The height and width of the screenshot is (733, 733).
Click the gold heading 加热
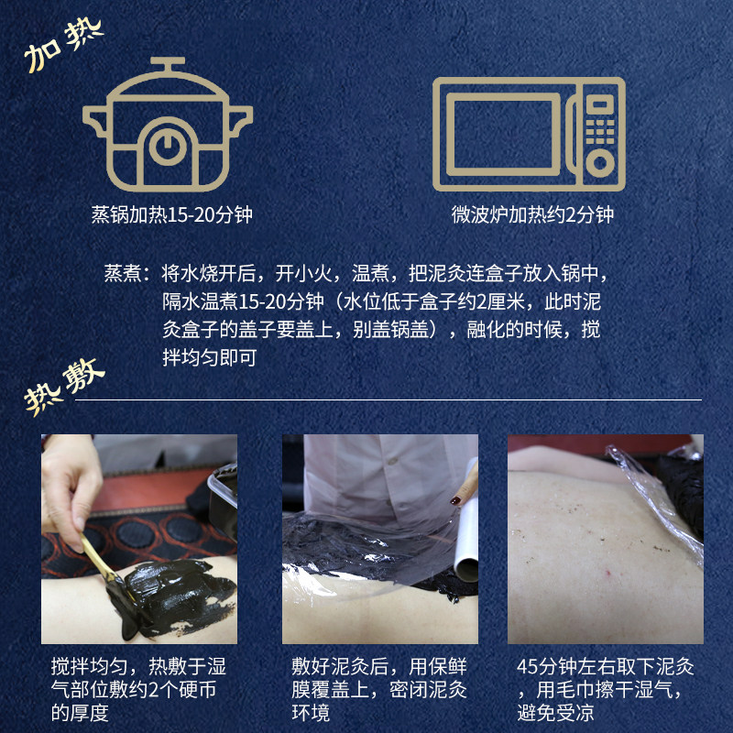[63, 46]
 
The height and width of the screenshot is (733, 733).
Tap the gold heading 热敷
[64, 387]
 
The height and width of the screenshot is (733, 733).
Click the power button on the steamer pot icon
[168, 147]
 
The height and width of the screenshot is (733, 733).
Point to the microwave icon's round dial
[600, 163]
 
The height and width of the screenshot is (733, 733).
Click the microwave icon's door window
[503, 135]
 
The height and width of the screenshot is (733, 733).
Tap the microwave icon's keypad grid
[600, 131]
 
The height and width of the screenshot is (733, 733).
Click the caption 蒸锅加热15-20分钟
[171, 214]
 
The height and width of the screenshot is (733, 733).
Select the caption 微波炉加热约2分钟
[532, 214]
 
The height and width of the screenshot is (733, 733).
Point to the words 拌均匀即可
[210, 357]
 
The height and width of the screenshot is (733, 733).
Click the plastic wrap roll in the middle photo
[466, 539]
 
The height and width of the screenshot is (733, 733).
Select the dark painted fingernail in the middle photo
[454, 500]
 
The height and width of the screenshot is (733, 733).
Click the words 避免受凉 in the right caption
[555, 713]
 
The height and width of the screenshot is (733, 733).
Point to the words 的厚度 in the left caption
[80, 713]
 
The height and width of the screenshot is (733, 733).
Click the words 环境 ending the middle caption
[311, 713]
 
